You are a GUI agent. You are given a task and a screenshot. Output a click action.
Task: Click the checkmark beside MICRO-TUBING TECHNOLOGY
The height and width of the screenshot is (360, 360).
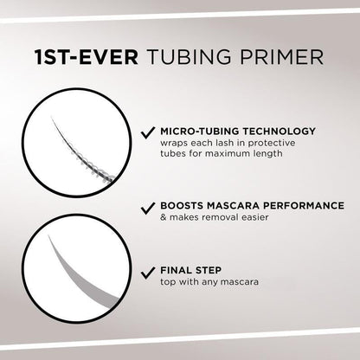(147, 132)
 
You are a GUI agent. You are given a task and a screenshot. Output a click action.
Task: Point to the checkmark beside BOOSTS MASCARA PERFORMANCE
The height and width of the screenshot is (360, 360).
(147, 208)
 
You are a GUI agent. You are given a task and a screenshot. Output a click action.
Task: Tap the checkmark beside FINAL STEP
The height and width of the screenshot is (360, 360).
(147, 271)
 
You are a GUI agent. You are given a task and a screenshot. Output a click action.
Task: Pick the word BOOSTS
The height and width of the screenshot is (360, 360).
(183, 207)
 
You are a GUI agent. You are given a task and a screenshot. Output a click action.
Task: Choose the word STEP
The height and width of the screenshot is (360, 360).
(213, 270)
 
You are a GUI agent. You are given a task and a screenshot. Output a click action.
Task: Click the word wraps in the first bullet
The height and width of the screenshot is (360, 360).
(175, 145)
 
